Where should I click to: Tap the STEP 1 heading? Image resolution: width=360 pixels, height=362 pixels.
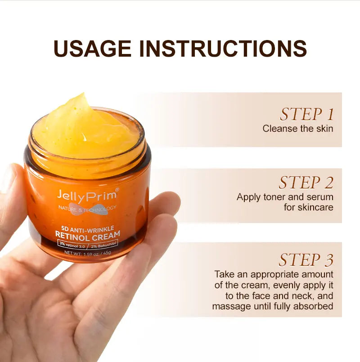point(307,115)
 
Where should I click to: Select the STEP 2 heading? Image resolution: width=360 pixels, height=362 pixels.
point(306,183)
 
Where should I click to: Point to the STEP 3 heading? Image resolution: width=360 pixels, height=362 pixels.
point(306,260)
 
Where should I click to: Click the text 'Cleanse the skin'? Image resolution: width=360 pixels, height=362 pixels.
point(298,129)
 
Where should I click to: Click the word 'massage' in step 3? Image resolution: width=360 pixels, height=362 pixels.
point(229,307)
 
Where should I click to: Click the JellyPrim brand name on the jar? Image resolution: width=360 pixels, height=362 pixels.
point(88,194)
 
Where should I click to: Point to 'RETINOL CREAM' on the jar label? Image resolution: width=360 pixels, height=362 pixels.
point(88,235)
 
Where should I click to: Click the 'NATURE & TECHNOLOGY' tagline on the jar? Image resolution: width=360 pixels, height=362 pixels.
point(87,207)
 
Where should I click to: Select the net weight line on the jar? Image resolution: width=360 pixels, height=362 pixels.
point(88,252)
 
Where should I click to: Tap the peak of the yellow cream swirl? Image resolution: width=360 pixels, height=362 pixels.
point(82,97)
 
